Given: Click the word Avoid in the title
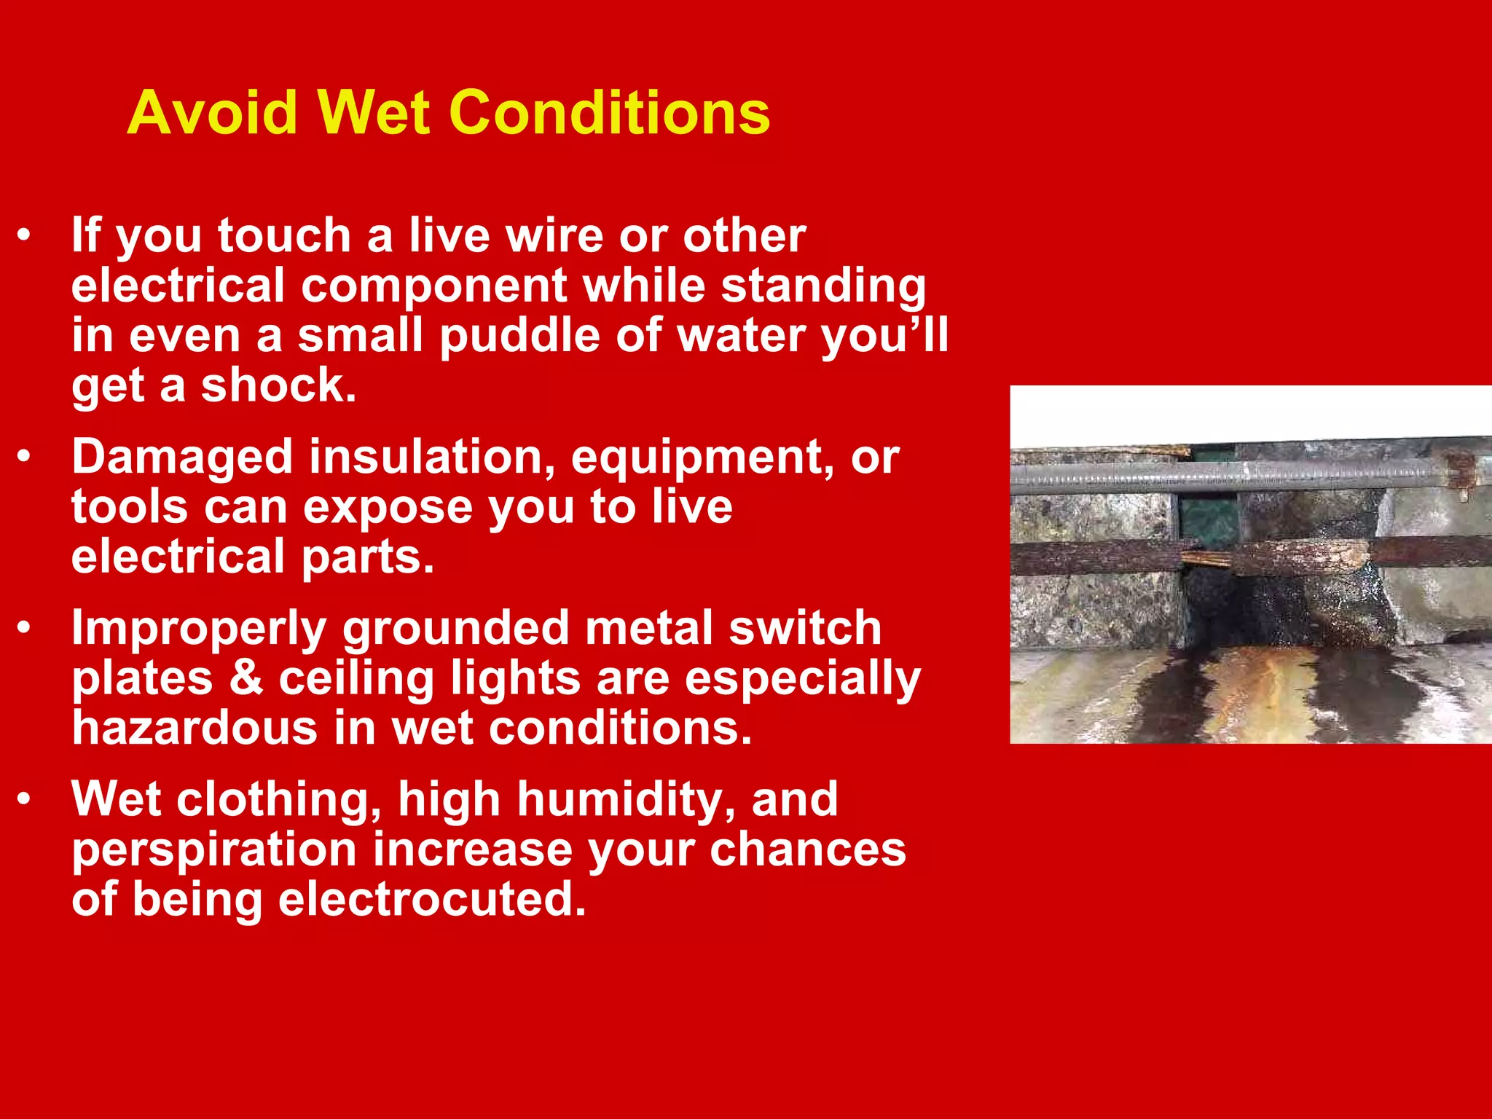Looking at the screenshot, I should pyautogui.click(x=213, y=113).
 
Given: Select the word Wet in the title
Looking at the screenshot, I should pyautogui.click(x=373, y=113).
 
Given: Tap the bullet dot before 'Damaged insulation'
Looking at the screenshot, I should pyautogui.click(x=25, y=457).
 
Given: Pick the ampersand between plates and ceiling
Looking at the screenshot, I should pyautogui.click(x=246, y=678).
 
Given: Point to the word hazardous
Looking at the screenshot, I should pyautogui.click(x=195, y=727).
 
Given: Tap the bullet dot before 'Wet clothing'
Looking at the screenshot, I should pyautogui.click(x=25, y=800).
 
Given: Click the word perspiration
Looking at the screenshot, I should pyautogui.click(x=214, y=849).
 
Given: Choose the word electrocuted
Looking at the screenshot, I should pyautogui.click(x=431, y=899).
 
